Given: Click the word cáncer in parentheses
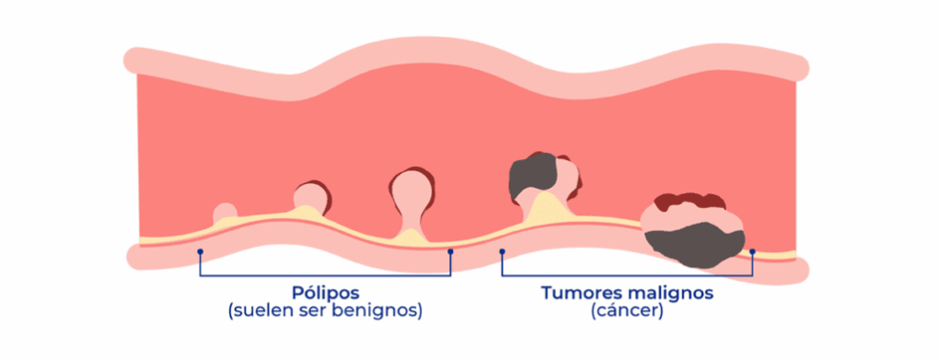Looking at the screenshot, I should tap(628, 311).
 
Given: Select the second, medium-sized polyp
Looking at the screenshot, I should tap(312, 197).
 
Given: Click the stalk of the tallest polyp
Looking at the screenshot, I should tap(409, 221).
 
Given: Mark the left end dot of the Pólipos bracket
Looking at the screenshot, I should tap(200, 250).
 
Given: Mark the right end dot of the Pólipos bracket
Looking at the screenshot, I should tap(450, 250).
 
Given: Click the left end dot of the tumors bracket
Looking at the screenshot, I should tap(502, 250).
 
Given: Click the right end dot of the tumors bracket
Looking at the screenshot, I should tap(752, 251).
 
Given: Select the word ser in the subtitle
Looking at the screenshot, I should tap(319, 311).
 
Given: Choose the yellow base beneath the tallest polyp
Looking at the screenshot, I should tap(409, 238).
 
